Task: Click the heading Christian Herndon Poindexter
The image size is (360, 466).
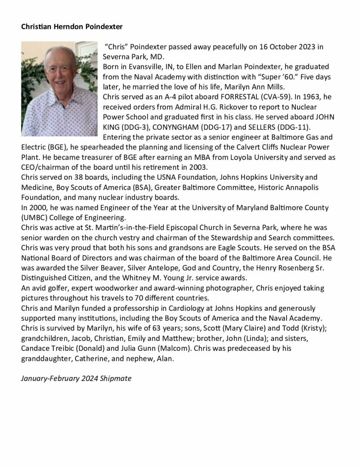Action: [x=71, y=26]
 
